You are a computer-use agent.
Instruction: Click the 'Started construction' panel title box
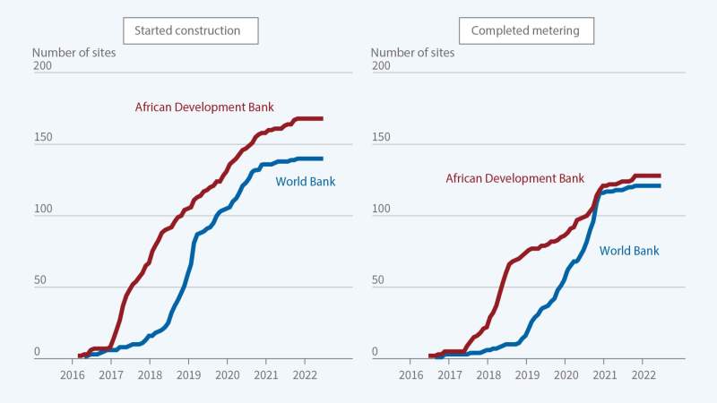[x=187, y=30]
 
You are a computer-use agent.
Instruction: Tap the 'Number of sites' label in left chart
[x=74, y=52]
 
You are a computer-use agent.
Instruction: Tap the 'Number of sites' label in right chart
[x=413, y=52]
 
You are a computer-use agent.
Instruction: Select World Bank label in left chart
[x=306, y=182]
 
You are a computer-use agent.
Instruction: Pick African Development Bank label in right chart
[x=514, y=178]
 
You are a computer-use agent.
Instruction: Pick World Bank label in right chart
[x=628, y=251]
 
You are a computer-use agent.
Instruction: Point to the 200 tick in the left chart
[x=42, y=66]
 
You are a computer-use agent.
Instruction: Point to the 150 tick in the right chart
[x=381, y=138]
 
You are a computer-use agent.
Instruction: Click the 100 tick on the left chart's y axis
[x=42, y=210]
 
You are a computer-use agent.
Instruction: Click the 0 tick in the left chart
[x=38, y=353]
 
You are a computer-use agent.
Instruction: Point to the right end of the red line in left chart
[x=322, y=118]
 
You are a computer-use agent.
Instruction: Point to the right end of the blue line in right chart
[x=660, y=185]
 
